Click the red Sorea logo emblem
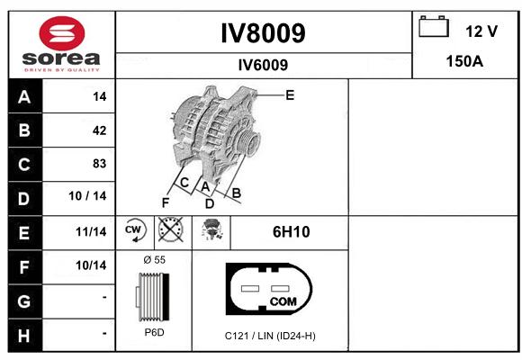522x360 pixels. pos(62,33)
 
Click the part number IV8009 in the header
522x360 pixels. pos(263,33)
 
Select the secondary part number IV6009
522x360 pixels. pos(263,65)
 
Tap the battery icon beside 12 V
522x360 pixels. pos(434,26)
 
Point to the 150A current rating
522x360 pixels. pos(464,61)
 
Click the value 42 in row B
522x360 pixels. pos(100,130)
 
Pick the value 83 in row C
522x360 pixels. pos(100,164)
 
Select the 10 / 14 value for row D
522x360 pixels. pos(87,196)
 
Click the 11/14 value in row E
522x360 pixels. pos(91,232)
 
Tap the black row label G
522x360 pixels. pos(24,301)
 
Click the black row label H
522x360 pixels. pos(24,336)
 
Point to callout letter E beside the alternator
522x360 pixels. pos(290,95)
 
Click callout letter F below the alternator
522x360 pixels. pos(166,202)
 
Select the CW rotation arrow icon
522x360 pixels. pos(134,229)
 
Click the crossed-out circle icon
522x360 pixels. pos(170,229)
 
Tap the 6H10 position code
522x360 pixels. pos(292,232)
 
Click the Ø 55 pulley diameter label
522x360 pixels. pos(155,260)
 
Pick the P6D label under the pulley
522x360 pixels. pos(155,332)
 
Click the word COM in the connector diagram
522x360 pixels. pos(283,301)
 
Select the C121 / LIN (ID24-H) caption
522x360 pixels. pos(270,336)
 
